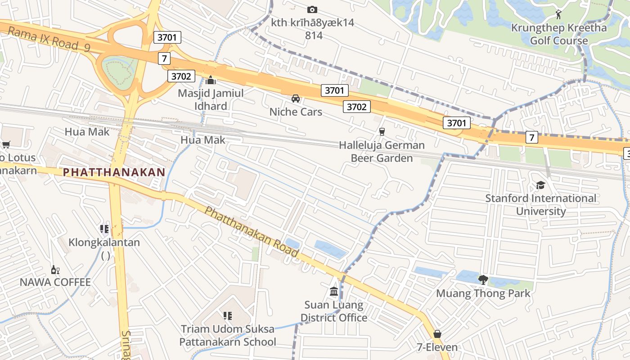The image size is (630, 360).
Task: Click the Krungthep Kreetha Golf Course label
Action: coord(559,34)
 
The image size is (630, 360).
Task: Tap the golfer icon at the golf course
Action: coord(559,14)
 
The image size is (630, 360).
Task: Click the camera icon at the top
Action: coord(312,9)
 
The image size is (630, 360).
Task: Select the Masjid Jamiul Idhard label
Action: coord(211,99)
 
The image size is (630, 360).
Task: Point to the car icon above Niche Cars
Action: coord(296,99)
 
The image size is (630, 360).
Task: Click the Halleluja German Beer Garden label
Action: coord(382,152)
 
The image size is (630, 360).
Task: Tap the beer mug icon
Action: coord(382,131)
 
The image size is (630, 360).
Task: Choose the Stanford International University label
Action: coord(540,205)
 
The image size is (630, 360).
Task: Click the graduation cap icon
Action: coord(540,185)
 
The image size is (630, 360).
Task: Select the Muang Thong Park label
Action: coord(483,294)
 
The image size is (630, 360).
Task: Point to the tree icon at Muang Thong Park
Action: coord(483,280)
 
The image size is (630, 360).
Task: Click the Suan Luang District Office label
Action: coord(334,311)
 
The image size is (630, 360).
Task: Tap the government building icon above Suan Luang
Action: coord(334,292)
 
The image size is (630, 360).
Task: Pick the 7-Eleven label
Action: coord(437,347)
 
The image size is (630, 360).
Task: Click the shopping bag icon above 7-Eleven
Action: coord(437,334)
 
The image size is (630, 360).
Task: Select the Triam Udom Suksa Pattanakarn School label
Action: coord(228,335)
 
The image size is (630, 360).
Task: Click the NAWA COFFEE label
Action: coord(55,283)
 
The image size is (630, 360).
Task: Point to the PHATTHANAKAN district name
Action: coord(114,172)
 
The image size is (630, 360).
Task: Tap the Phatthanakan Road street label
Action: coord(252,232)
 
